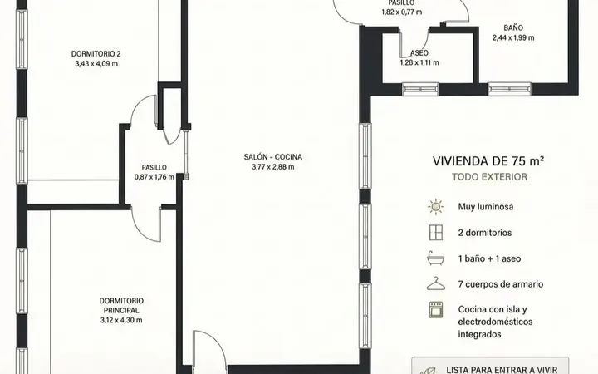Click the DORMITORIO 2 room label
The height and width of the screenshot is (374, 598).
coord(96,54)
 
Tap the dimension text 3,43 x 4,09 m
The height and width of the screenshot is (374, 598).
coord(96,64)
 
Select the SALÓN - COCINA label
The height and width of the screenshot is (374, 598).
coord(273,157)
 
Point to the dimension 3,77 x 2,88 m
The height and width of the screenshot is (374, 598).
coord(273,167)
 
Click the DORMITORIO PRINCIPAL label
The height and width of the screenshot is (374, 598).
coord(121,306)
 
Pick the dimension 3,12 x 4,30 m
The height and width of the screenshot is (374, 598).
coord(121,320)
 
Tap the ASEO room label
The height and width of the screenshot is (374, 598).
coord(419,53)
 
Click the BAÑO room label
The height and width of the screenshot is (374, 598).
coord(513,28)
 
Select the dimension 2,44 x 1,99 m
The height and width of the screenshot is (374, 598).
coord(513,37)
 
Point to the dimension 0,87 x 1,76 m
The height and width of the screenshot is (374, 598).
coord(154,177)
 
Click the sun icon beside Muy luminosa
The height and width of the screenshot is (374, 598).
coord(435,207)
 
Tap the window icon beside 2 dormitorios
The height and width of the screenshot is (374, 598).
coord(436,233)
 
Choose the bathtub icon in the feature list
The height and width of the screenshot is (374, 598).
coord(436,258)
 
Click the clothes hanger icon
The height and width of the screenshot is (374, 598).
coord(436,283)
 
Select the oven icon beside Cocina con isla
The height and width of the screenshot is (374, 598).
coord(436,309)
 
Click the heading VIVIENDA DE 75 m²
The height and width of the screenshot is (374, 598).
coord(488,161)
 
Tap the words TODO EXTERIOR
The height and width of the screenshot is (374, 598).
coord(490,177)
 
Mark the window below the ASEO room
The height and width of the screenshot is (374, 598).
coord(420,89)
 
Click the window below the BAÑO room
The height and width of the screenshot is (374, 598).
coord(509,89)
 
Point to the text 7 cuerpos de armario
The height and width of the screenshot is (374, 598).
coord(501,284)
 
